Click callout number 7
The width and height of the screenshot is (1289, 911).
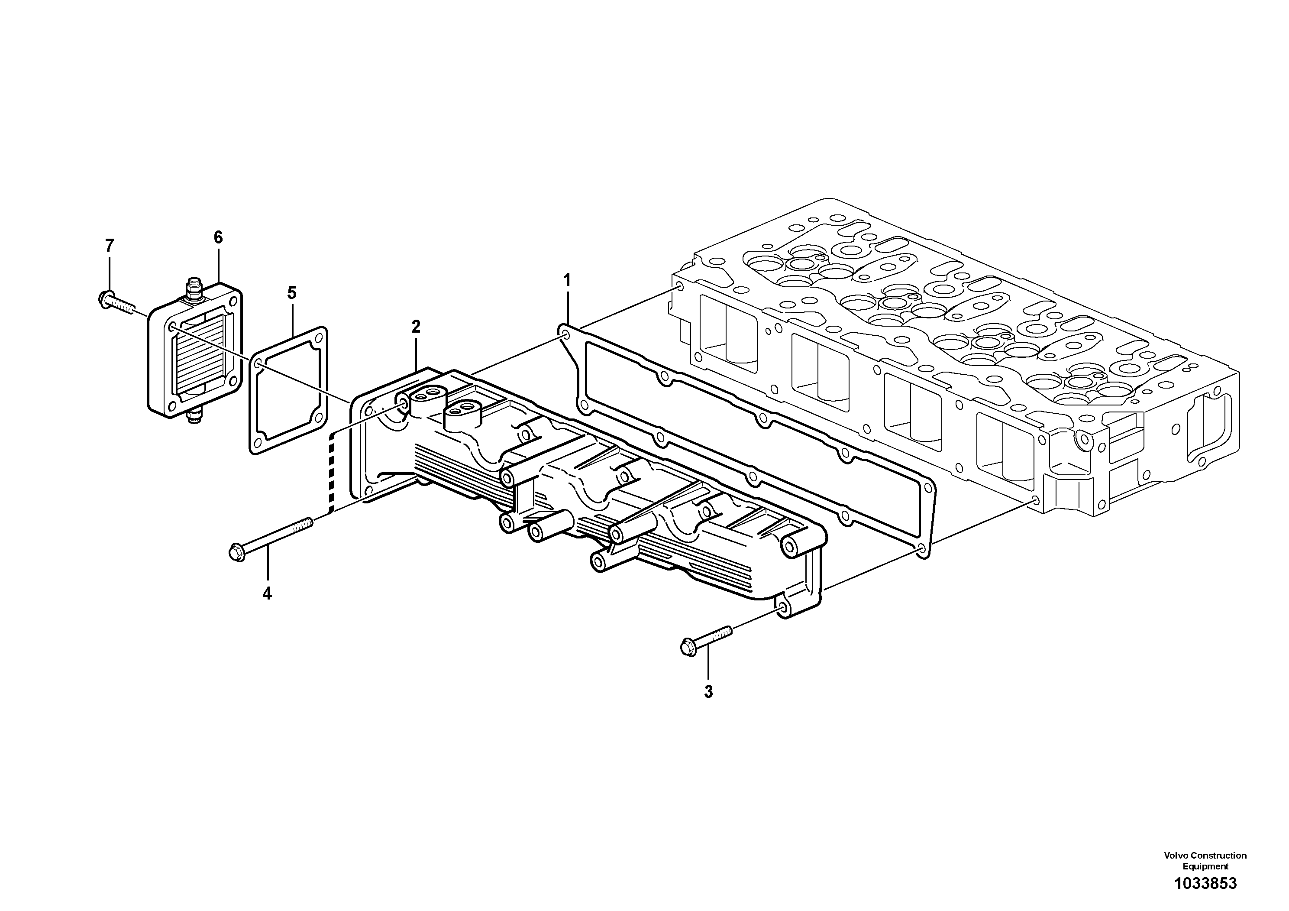tap(110, 246)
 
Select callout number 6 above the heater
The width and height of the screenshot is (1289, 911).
tap(218, 237)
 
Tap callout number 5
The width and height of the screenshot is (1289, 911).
tap(291, 293)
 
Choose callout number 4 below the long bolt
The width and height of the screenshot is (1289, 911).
tap(267, 593)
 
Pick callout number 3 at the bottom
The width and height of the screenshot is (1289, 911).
tap(708, 692)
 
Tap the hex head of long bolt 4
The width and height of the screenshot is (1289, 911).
tap(236, 551)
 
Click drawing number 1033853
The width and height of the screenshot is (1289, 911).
tap(1205, 883)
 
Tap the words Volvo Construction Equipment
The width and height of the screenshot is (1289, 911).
tap(1205, 860)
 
